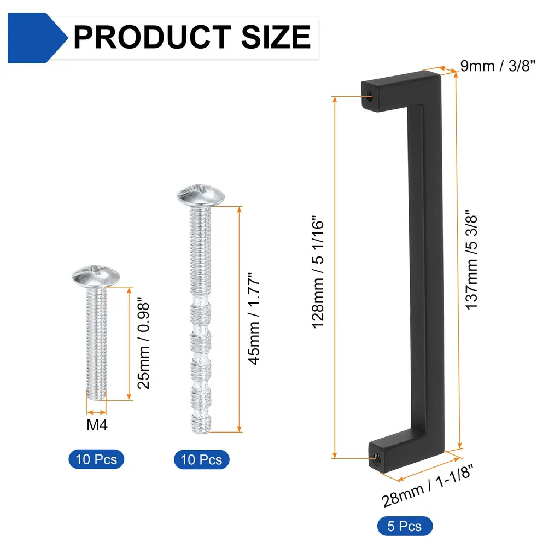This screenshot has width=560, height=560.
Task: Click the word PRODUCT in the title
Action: (152, 37)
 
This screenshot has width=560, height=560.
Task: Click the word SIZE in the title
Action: (276, 37)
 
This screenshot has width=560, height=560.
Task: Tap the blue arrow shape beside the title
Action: (37, 38)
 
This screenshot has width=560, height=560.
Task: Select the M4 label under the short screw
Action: (97, 424)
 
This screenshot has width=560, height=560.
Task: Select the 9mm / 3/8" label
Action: (498, 66)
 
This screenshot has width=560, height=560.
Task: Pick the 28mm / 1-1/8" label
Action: (427, 486)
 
